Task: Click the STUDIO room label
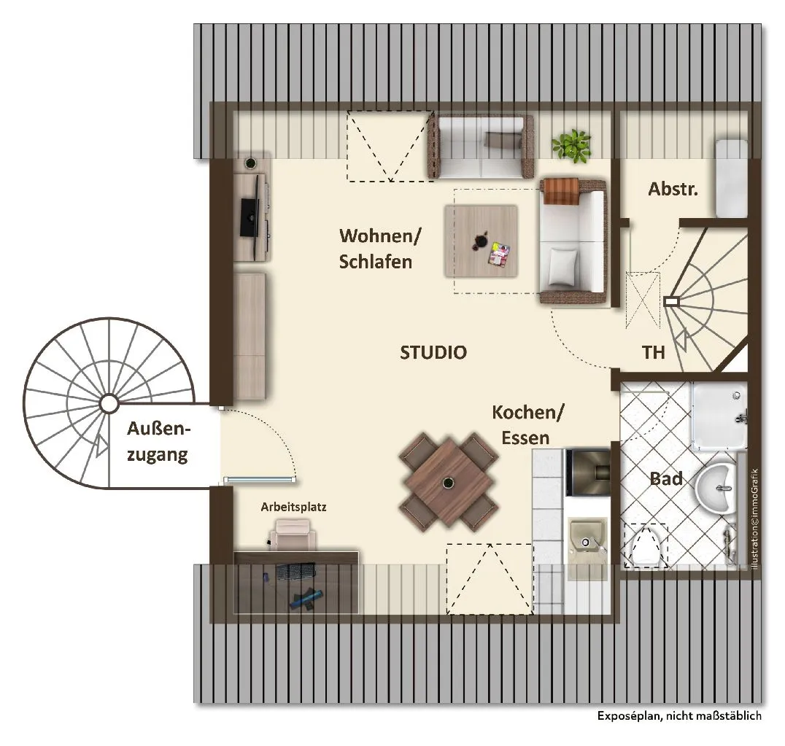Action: pos(433,352)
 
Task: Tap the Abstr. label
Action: pos(673,189)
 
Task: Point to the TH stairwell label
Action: pos(654,352)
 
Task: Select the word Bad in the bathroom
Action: pos(666,479)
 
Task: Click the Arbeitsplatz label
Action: pos(293,507)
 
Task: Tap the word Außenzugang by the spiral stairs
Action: pos(158,442)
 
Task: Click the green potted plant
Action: pos(571,144)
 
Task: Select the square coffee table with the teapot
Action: pos(481,241)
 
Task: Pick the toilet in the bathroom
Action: pos(646,547)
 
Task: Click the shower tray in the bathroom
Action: pos(720,417)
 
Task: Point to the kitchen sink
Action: pos(588,543)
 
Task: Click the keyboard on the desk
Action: pos(295,570)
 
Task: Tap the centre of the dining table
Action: pos(448,482)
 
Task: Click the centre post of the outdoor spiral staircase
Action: pos(109,403)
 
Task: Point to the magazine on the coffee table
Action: pos(498,254)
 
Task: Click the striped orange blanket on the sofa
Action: pos(561,191)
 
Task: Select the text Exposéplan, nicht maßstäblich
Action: pos(679,716)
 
